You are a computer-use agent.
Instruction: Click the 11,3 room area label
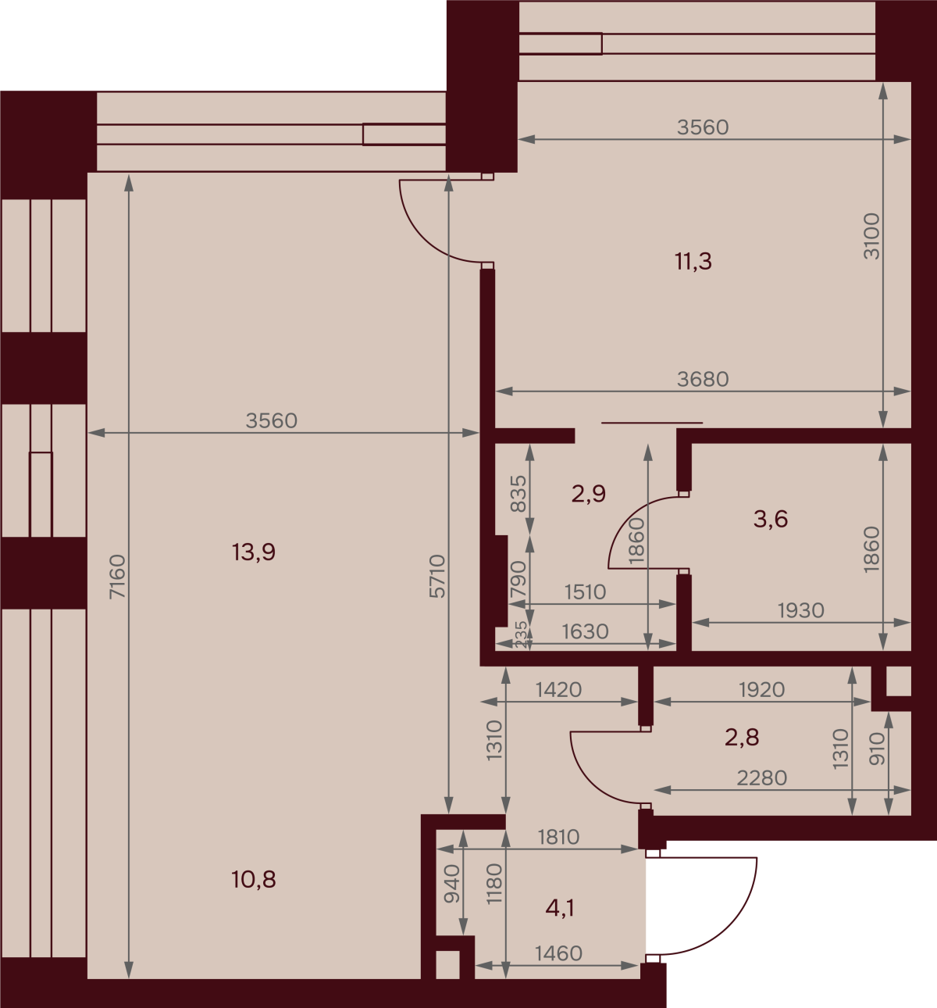693,262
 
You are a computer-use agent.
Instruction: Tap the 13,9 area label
253,552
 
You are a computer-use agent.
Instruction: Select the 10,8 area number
253,880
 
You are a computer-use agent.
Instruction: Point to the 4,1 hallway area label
560,908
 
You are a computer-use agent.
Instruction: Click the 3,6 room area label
771,519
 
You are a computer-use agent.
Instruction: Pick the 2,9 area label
589,493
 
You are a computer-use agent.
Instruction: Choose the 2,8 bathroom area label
742,737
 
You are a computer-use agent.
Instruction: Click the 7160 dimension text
117,577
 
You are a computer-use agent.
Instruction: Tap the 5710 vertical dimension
437,577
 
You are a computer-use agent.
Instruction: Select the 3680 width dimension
703,379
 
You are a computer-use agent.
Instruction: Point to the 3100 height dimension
871,237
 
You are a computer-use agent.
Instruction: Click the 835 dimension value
518,493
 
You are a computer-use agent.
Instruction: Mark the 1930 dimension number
801,610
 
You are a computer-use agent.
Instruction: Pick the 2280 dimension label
762,778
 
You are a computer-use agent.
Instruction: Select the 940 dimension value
452,885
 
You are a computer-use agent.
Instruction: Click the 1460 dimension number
558,954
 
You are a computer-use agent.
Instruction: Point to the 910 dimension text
877,749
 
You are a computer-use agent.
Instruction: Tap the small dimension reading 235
521,634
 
